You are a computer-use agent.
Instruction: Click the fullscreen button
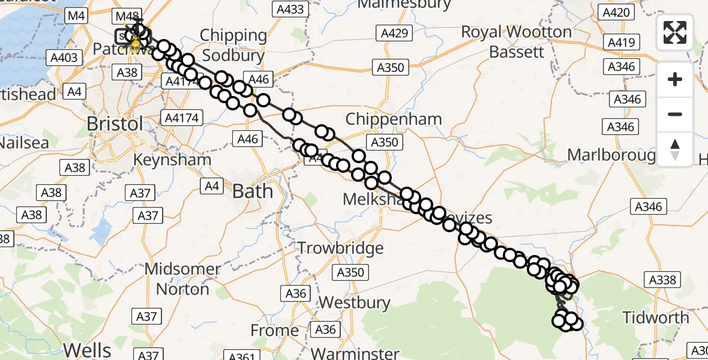(x=675, y=32)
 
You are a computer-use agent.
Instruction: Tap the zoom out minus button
(x=675, y=114)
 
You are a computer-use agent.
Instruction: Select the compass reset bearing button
(x=675, y=149)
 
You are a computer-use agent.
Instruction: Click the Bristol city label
(x=115, y=124)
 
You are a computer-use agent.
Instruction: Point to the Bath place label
(x=252, y=191)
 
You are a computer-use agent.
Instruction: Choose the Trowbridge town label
(x=340, y=248)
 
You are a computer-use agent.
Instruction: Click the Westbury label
(x=355, y=302)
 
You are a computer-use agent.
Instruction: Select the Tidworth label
(x=655, y=317)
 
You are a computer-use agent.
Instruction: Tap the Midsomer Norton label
(x=182, y=280)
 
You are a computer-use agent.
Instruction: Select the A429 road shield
(x=394, y=33)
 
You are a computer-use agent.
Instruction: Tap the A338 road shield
(x=662, y=280)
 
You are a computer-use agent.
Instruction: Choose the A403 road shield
(x=64, y=57)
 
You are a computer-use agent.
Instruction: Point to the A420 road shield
(x=616, y=12)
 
